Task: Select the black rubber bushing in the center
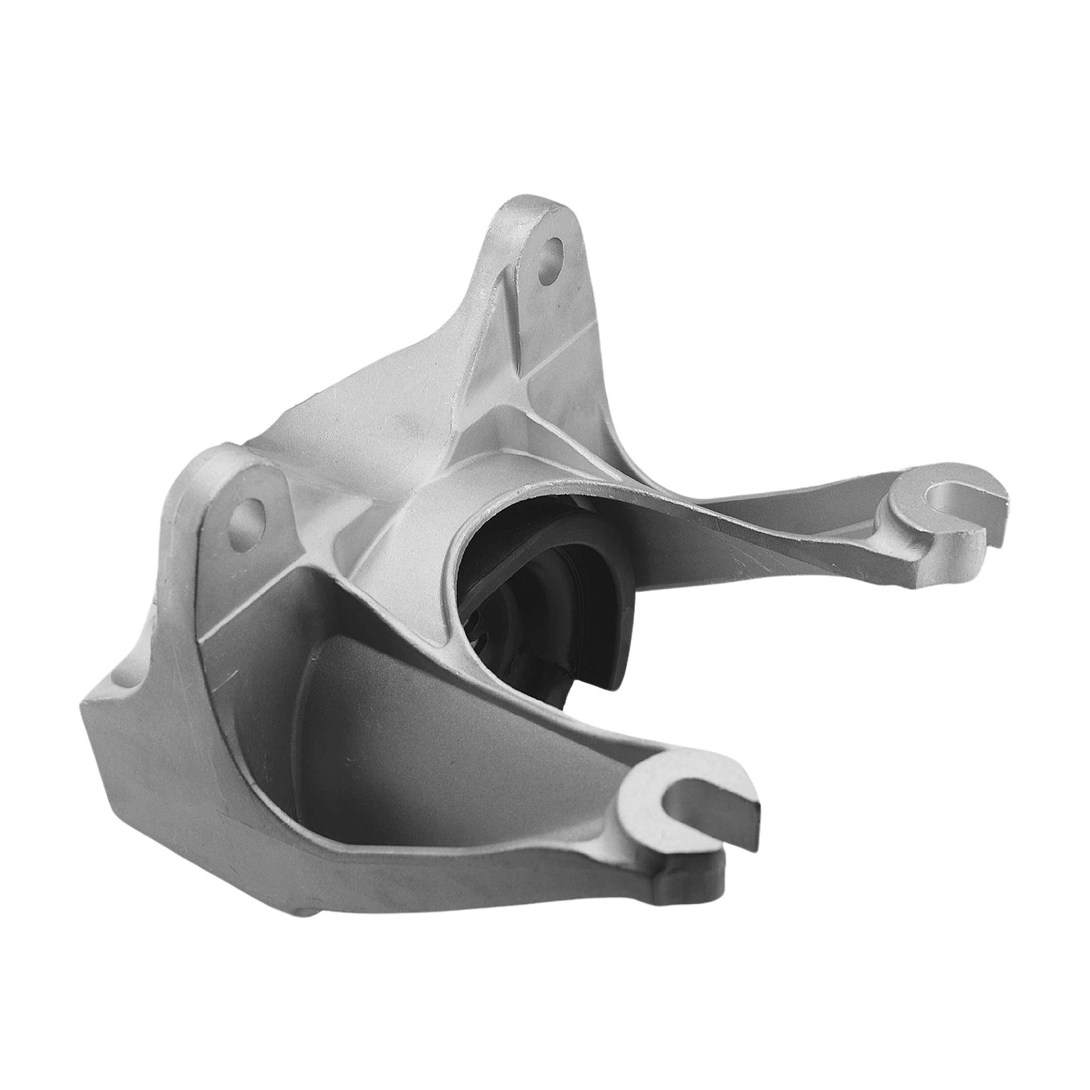pos(542,576)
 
